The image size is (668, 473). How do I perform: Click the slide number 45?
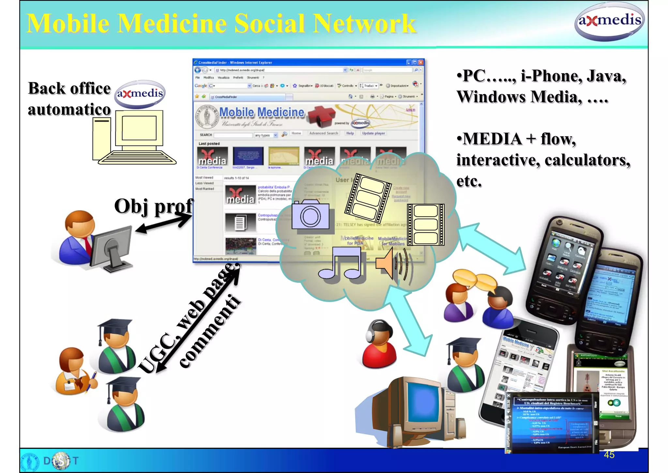(x=609, y=455)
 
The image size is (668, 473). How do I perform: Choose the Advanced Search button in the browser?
(x=324, y=133)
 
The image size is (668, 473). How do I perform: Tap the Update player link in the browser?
(x=373, y=133)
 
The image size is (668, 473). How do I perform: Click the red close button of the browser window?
(x=421, y=62)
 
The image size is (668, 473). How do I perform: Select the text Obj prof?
(x=153, y=206)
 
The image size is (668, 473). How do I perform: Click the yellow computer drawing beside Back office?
(x=134, y=137)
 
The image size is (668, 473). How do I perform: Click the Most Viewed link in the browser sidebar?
(x=204, y=178)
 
